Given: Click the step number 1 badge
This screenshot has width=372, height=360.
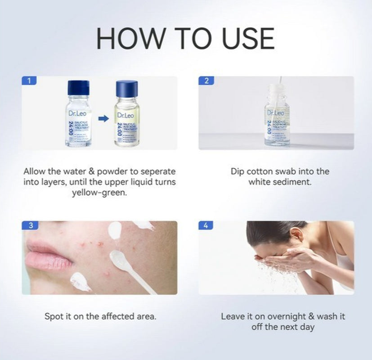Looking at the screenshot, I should point(29,81).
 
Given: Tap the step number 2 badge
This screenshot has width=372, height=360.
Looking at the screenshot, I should point(206,81).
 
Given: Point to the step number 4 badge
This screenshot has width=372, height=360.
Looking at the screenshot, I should point(206,225).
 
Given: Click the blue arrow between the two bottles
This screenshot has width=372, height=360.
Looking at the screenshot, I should point(103,119).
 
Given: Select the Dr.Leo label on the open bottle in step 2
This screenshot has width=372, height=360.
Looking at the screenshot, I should point(276,113).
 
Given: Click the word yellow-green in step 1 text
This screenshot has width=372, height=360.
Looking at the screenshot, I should point(99,193).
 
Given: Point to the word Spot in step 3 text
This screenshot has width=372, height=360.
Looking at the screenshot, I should point(54,316).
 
